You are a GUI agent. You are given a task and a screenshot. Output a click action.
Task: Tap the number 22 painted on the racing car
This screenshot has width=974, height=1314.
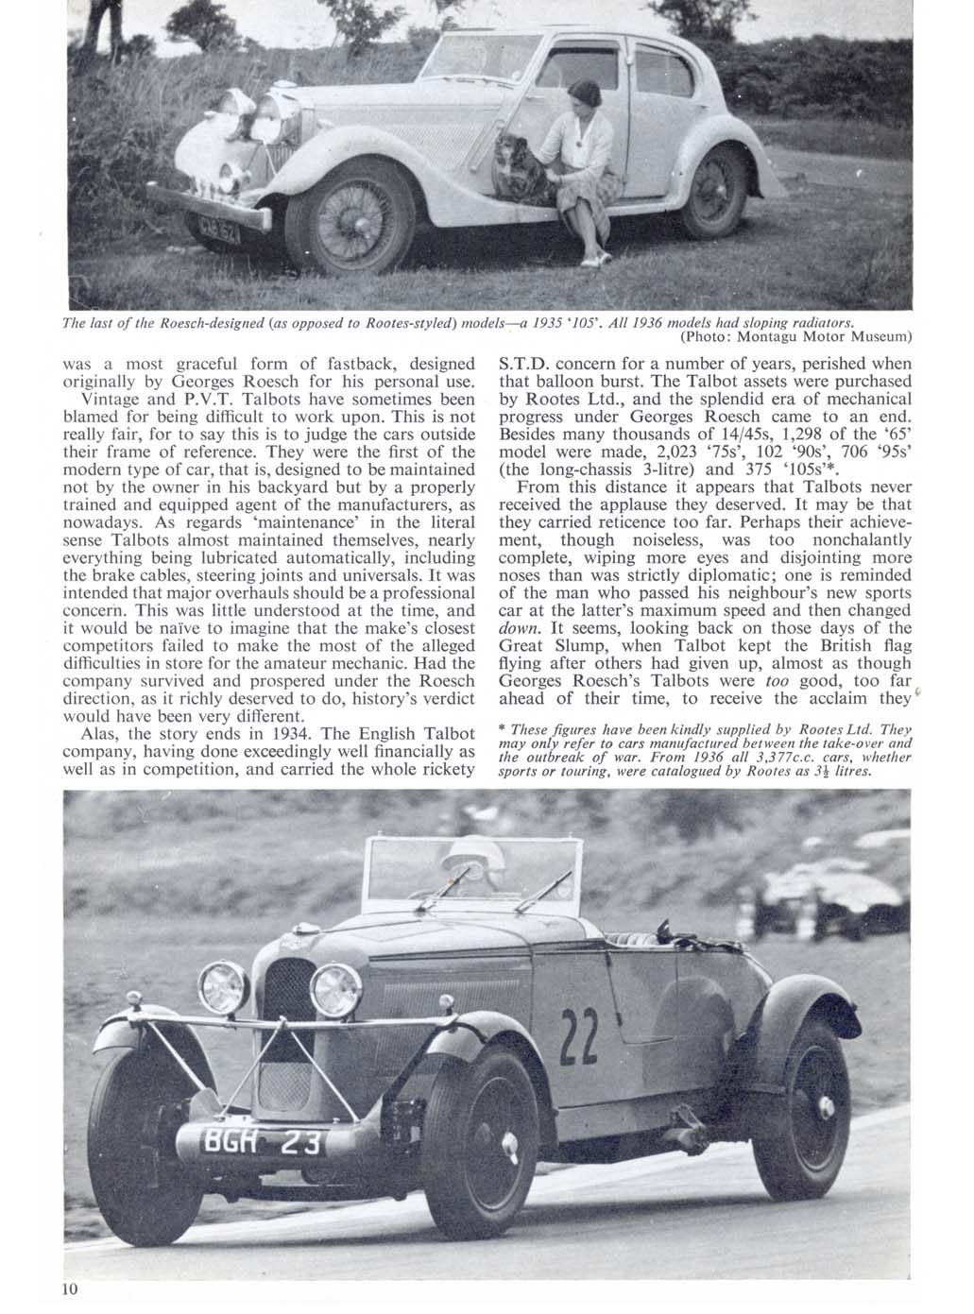[578, 1033]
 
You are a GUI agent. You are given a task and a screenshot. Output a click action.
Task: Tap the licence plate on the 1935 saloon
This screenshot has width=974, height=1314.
[219, 224]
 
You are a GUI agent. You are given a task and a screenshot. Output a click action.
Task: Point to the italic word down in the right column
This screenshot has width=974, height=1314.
[518, 628]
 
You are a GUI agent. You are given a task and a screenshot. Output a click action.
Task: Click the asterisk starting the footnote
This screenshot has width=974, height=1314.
[502, 730]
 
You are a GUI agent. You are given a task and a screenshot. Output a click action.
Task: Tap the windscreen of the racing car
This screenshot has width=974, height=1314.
[472, 869]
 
